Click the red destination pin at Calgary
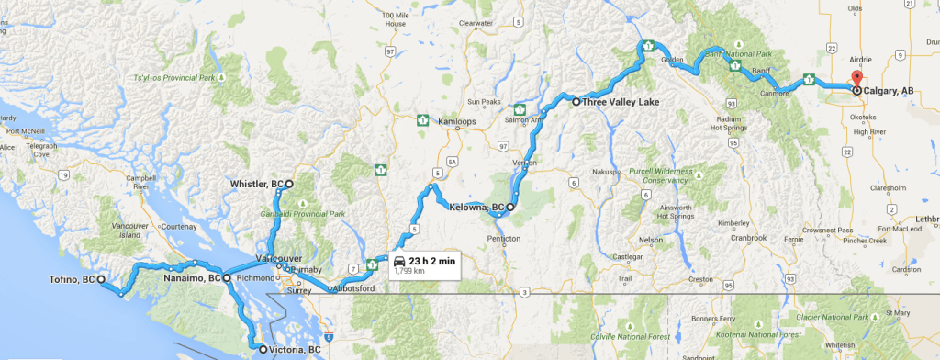[856, 78]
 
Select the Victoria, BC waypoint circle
[262, 350]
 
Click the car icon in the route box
[400, 260]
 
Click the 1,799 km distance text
[409, 272]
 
